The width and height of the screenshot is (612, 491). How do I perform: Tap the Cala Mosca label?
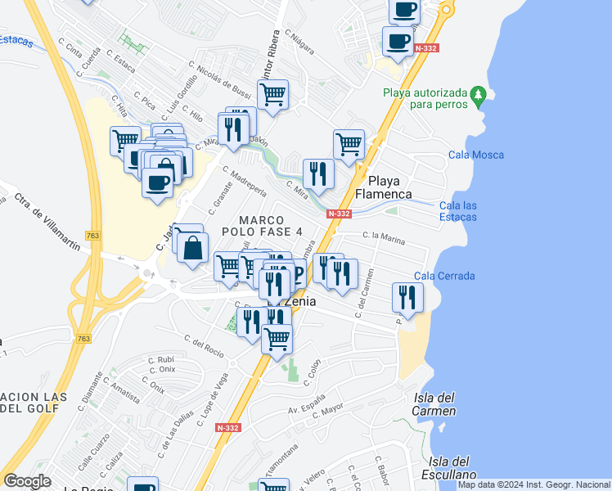(476, 155)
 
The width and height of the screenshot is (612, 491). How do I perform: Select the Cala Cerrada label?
(445, 276)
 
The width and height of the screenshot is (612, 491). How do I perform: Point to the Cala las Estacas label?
(458, 211)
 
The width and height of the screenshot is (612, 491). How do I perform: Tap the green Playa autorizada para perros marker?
(479, 97)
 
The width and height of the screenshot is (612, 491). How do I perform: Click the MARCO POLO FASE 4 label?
(262, 226)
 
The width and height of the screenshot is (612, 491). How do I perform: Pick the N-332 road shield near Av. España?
(228, 428)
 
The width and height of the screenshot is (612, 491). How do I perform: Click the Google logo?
(28, 481)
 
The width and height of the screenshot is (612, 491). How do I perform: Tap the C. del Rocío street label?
(204, 346)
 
